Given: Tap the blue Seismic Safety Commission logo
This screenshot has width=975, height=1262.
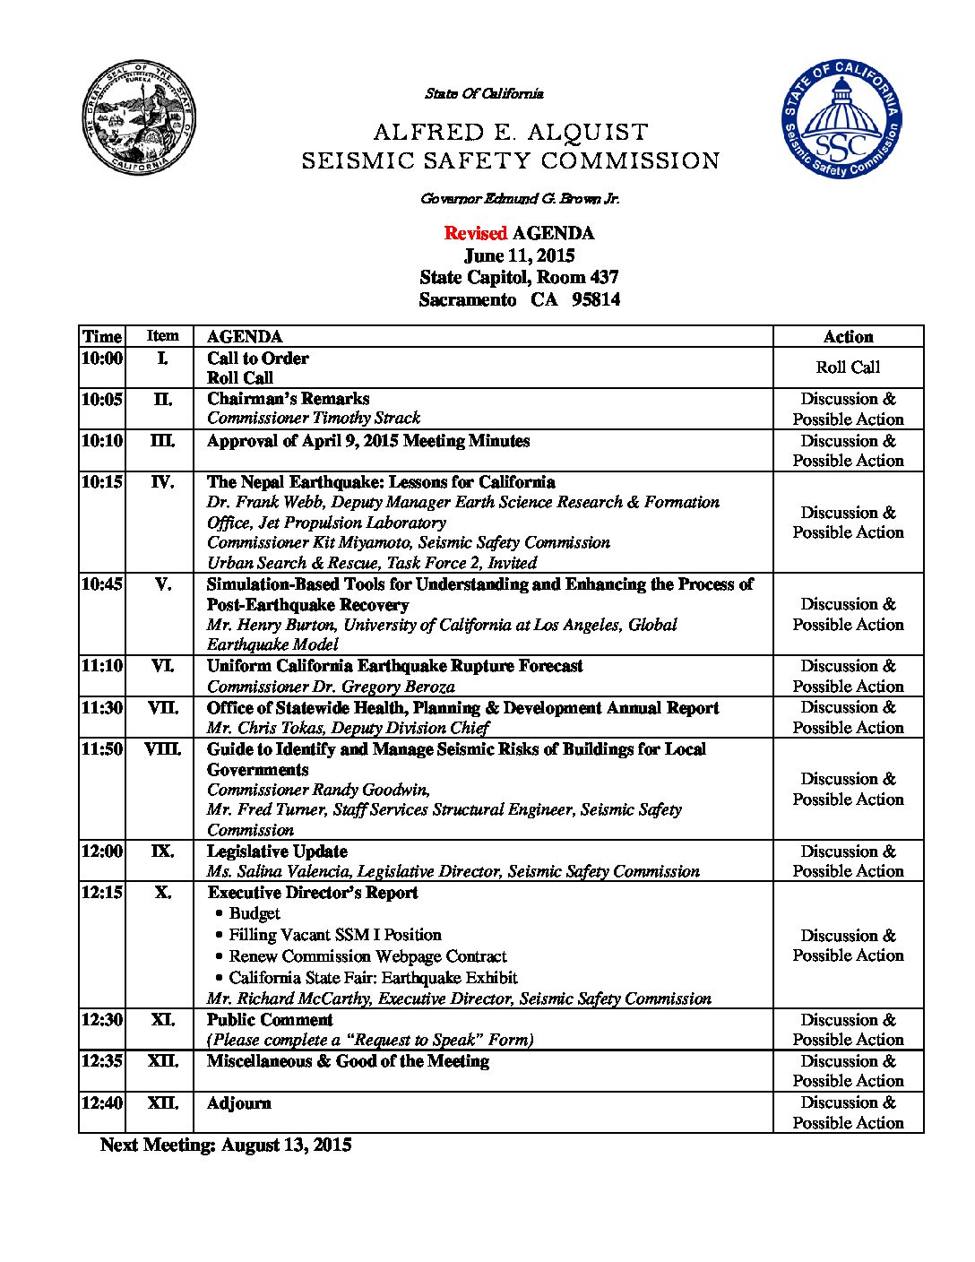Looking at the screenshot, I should point(841,119).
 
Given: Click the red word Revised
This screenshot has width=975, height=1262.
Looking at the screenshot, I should point(476,233).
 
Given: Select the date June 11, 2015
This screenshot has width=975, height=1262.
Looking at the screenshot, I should point(519,255).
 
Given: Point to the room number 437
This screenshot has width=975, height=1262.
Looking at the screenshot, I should point(604,277).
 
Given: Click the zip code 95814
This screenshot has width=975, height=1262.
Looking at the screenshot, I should point(596,299).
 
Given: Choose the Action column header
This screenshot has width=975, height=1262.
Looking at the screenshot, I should point(848,337).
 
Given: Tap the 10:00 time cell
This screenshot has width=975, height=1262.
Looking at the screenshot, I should point(102,359).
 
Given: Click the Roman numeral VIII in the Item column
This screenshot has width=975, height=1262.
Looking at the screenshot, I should point(162,749).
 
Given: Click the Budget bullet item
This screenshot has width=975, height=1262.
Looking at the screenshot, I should point(255,913).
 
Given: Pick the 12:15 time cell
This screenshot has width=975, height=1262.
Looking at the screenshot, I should point(102,893).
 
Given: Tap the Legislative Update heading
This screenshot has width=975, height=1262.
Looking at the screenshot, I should point(277,851).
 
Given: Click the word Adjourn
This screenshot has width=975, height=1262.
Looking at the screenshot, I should point(238,1103).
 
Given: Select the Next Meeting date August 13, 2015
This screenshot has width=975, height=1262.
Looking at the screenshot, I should point(286,1145).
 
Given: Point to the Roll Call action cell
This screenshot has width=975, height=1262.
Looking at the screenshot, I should point(848,367).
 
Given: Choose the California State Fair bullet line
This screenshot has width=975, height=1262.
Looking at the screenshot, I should point(373,978).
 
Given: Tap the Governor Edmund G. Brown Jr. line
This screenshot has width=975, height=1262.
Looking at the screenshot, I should point(519,198).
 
